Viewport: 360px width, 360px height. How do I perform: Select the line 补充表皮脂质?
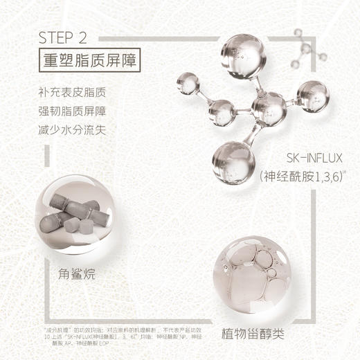(73, 92)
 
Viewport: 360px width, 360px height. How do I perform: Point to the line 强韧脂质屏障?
(73, 111)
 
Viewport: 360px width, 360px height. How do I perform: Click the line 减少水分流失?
(73, 129)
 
